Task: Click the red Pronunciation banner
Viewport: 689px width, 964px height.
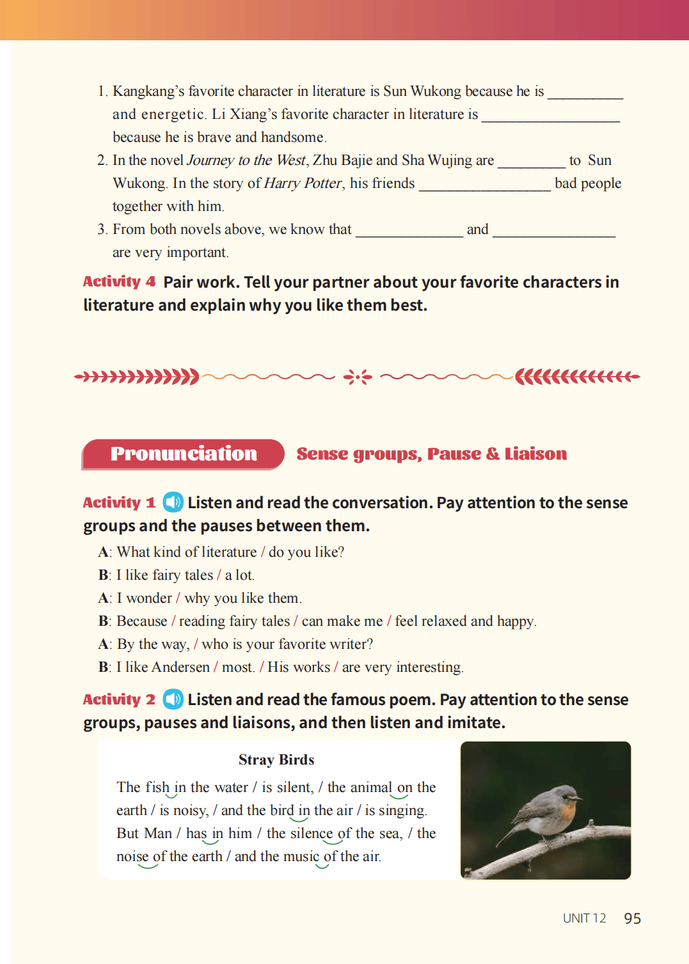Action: tap(184, 454)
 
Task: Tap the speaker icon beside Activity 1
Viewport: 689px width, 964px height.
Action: tap(173, 502)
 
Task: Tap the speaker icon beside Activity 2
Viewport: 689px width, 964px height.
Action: tap(173, 699)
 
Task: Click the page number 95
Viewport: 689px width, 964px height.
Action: tap(632, 919)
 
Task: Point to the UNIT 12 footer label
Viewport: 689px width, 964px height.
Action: tap(584, 919)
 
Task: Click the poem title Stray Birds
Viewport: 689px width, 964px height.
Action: tap(276, 760)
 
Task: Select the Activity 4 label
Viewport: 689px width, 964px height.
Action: tap(119, 282)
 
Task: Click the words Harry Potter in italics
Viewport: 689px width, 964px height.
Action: tap(303, 183)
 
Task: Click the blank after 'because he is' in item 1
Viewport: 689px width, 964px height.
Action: tap(585, 93)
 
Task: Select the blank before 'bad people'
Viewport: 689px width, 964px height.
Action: tap(484, 185)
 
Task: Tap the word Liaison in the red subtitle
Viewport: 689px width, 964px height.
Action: tap(535, 454)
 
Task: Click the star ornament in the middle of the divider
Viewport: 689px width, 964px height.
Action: tap(358, 377)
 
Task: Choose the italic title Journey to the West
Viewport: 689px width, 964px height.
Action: tap(246, 160)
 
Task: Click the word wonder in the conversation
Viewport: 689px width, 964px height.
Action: tap(149, 598)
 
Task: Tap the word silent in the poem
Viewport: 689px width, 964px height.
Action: tap(295, 788)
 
